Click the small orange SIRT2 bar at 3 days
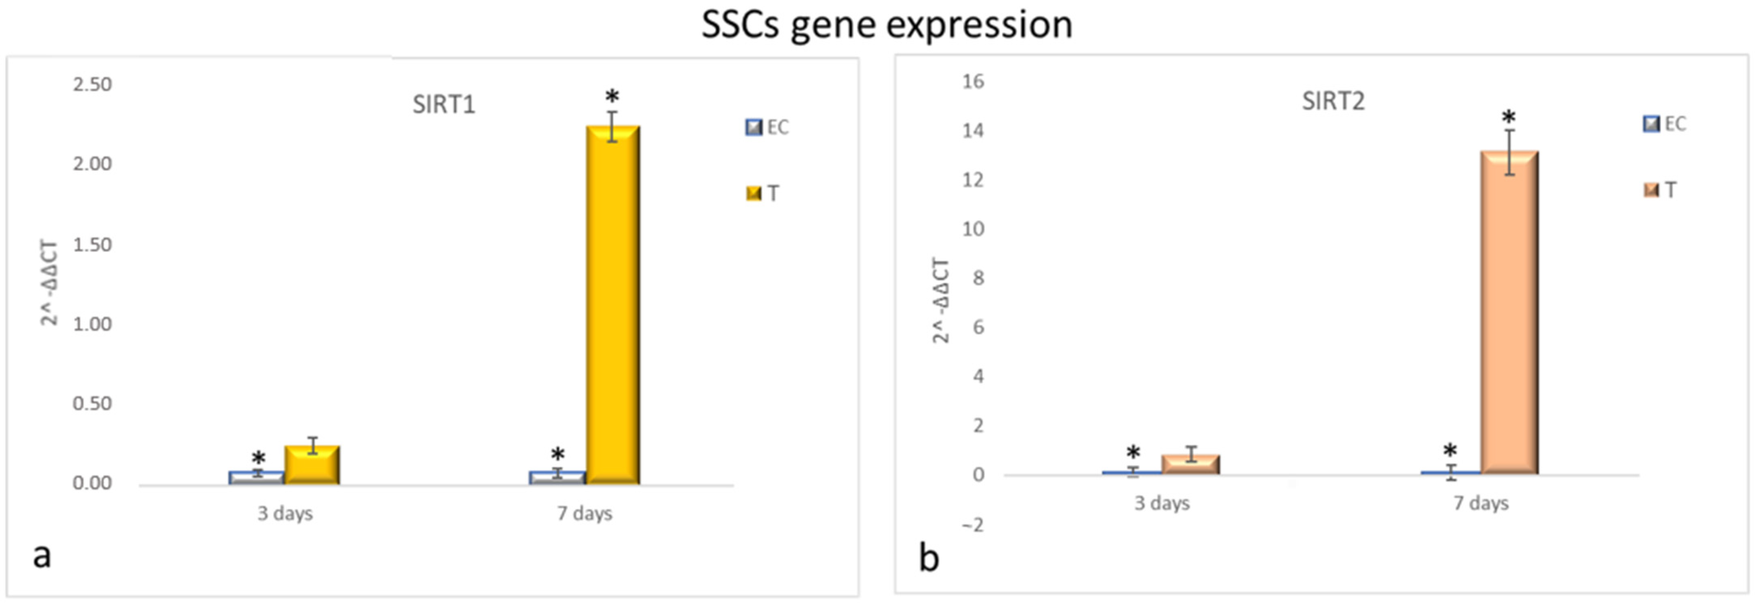(1190, 464)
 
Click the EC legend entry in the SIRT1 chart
(768, 128)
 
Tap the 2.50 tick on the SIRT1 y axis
(93, 85)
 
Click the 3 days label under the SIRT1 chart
(285, 513)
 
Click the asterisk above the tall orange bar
(1509, 117)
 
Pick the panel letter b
(929, 558)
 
